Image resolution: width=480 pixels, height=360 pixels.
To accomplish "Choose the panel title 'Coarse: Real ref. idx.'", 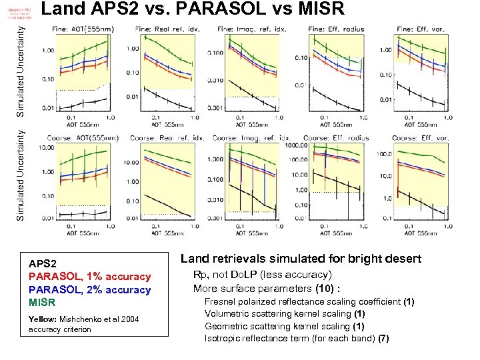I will [167, 139].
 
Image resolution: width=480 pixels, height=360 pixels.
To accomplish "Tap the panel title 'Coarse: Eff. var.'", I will [420, 139].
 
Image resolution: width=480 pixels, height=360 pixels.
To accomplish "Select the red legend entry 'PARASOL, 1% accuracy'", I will [89, 277].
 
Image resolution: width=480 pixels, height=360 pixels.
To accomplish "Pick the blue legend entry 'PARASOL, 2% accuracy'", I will [89, 290].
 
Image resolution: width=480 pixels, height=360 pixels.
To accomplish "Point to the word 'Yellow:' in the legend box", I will [41, 319].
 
